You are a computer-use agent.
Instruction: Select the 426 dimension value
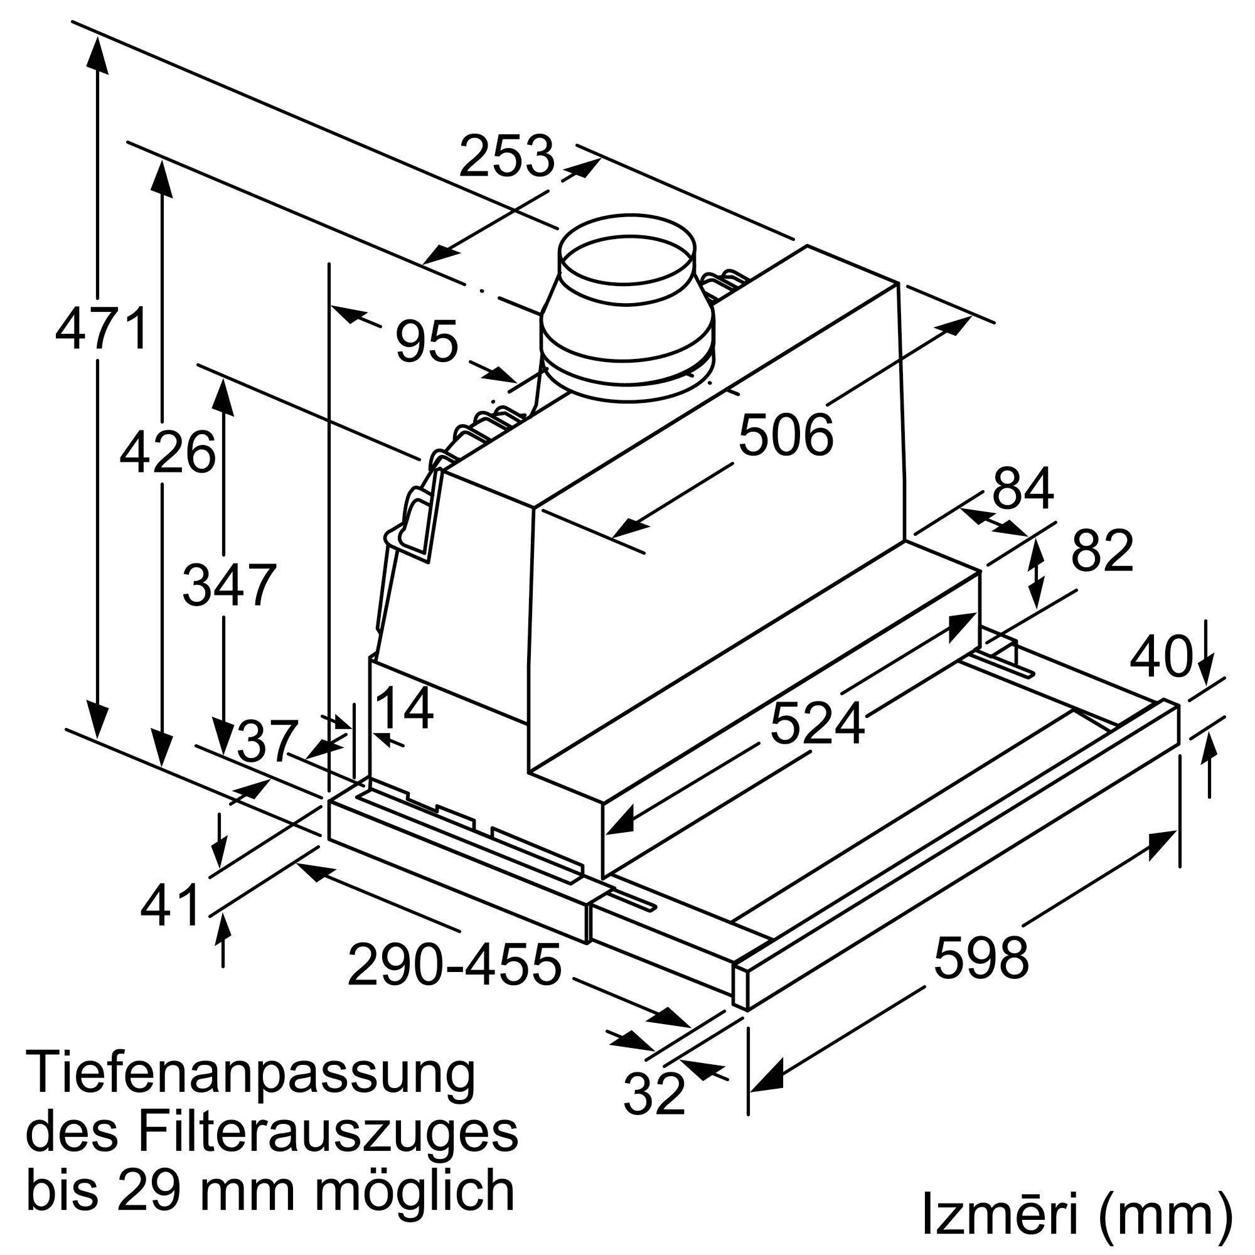tap(167, 452)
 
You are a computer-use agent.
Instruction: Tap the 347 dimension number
tap(229, 585)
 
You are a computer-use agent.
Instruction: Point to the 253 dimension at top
tap(506, 156)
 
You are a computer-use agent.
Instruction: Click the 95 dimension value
tap(427, 341)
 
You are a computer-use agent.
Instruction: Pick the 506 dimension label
tap(786, 435)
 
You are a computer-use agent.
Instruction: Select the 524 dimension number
tap(817, 723)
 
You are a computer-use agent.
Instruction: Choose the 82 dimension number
tap(1103, 551)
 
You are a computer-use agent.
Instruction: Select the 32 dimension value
tap(654, 1093)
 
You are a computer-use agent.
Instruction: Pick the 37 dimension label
tap(267, 742)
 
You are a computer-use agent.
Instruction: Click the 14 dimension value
tap(404, 708)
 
